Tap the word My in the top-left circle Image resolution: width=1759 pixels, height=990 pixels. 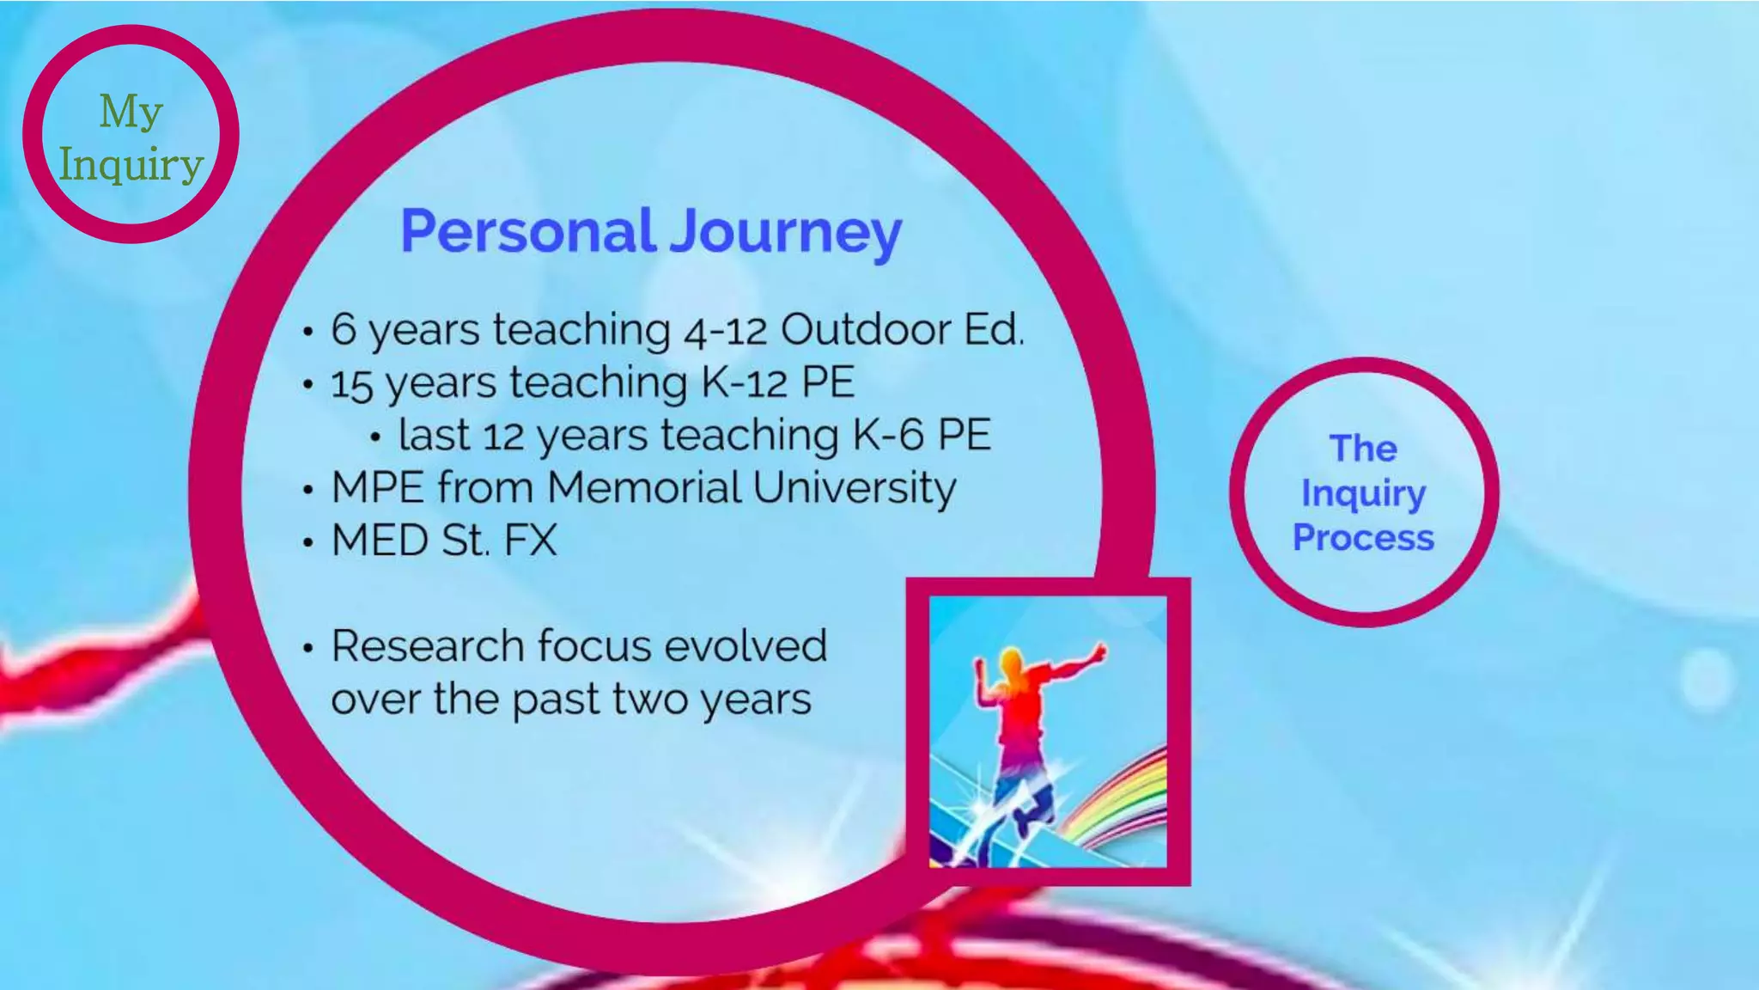coord(131,113)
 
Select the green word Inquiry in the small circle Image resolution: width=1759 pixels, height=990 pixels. coord(131,165)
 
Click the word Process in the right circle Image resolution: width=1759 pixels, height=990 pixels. coord(1363,538)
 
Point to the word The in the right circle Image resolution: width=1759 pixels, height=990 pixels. coord(1363,449)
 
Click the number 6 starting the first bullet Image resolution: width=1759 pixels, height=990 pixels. coord(343,329)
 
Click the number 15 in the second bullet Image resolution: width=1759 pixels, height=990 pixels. coord(351,384)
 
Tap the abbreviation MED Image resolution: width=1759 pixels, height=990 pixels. coord(380,541)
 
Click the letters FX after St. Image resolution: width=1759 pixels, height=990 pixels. coord(530,541)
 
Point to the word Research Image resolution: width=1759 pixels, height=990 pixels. coord(427,645)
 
